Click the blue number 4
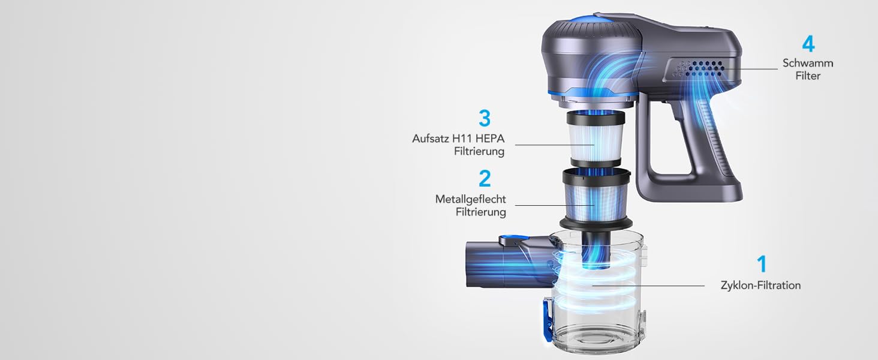(x=808, y=44)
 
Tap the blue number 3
(x=485, y=118)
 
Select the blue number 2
(x=485, y=178)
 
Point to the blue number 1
(x=762, y=264)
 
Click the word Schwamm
(x=808, y=63)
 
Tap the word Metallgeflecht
(x=470, y=199)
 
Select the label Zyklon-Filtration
(x=760, y=286)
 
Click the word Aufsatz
(x=431, y=139)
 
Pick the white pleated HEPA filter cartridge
(x=596, y=139)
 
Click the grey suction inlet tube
(x=510, y=263)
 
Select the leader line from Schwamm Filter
(x=751, y=69)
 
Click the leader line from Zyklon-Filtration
(x=648, y=286)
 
